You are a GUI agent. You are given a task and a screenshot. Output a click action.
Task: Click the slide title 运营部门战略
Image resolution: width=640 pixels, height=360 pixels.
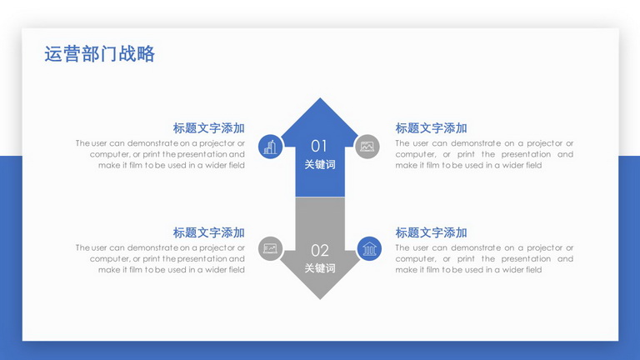coord(100,54)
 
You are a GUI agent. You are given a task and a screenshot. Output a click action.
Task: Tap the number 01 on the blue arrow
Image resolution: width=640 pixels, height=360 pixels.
coord(319,146)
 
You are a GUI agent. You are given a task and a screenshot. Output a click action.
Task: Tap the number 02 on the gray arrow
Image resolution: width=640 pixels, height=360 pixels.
coord(320,250)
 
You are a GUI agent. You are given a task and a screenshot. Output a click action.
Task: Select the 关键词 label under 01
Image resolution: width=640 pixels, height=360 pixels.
coord(320,164)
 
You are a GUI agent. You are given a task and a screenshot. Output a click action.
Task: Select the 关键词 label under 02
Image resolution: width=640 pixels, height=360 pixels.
coord(320,268)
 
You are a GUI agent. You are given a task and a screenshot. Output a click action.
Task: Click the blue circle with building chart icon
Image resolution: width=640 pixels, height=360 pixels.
coord(270,147)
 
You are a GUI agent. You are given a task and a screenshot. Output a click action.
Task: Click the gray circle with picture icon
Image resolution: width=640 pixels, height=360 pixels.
coord(367,147)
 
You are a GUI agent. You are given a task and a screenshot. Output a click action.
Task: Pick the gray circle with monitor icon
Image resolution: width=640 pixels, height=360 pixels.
coord(270,248)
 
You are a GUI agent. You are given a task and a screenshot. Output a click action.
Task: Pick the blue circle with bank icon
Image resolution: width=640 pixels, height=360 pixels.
coord(369,248)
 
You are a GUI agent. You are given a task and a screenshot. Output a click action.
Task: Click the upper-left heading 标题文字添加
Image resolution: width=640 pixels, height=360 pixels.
coord(208,128)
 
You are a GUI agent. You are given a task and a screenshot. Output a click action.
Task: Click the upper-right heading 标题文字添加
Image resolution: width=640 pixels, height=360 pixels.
coord(431,128)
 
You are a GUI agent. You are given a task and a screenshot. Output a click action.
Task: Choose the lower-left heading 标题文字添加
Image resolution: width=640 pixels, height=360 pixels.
coord(208,232)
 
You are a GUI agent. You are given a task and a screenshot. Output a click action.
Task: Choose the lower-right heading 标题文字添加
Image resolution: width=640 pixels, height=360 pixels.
coord(431,232)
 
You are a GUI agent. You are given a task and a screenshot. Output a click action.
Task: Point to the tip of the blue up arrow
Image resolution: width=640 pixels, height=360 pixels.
coord(320,98)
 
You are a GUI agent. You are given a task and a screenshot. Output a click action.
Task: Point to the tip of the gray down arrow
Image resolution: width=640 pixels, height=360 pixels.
coord(320,299)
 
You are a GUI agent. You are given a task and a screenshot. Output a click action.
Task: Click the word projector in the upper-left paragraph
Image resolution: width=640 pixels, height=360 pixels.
coord(217,143)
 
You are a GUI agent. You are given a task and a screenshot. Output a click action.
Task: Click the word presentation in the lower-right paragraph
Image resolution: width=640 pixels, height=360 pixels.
coord(526,259)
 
